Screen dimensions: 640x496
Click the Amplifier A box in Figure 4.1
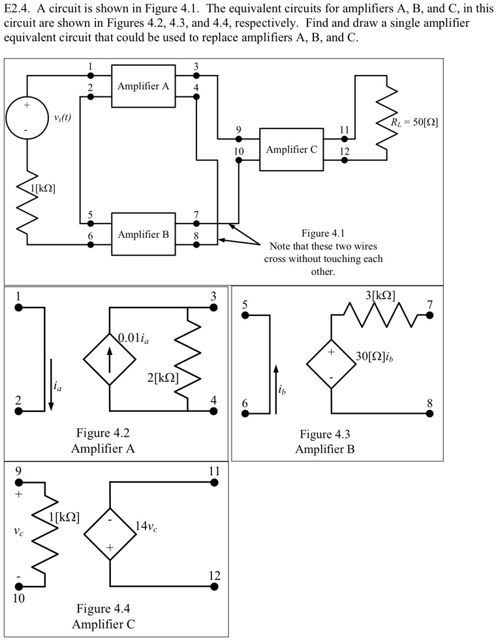(143, 86)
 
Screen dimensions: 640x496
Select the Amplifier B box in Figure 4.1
(143, 234)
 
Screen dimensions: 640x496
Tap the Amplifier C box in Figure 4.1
(292, 149)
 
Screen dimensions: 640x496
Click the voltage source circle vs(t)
(27, 119)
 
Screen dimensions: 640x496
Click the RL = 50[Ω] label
(414, 122)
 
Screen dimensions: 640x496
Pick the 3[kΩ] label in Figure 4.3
(380, 295)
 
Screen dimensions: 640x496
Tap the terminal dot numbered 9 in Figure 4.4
(18, 482)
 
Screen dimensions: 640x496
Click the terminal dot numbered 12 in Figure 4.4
(214, 587)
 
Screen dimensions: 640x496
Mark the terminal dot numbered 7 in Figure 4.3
(429, 315)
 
